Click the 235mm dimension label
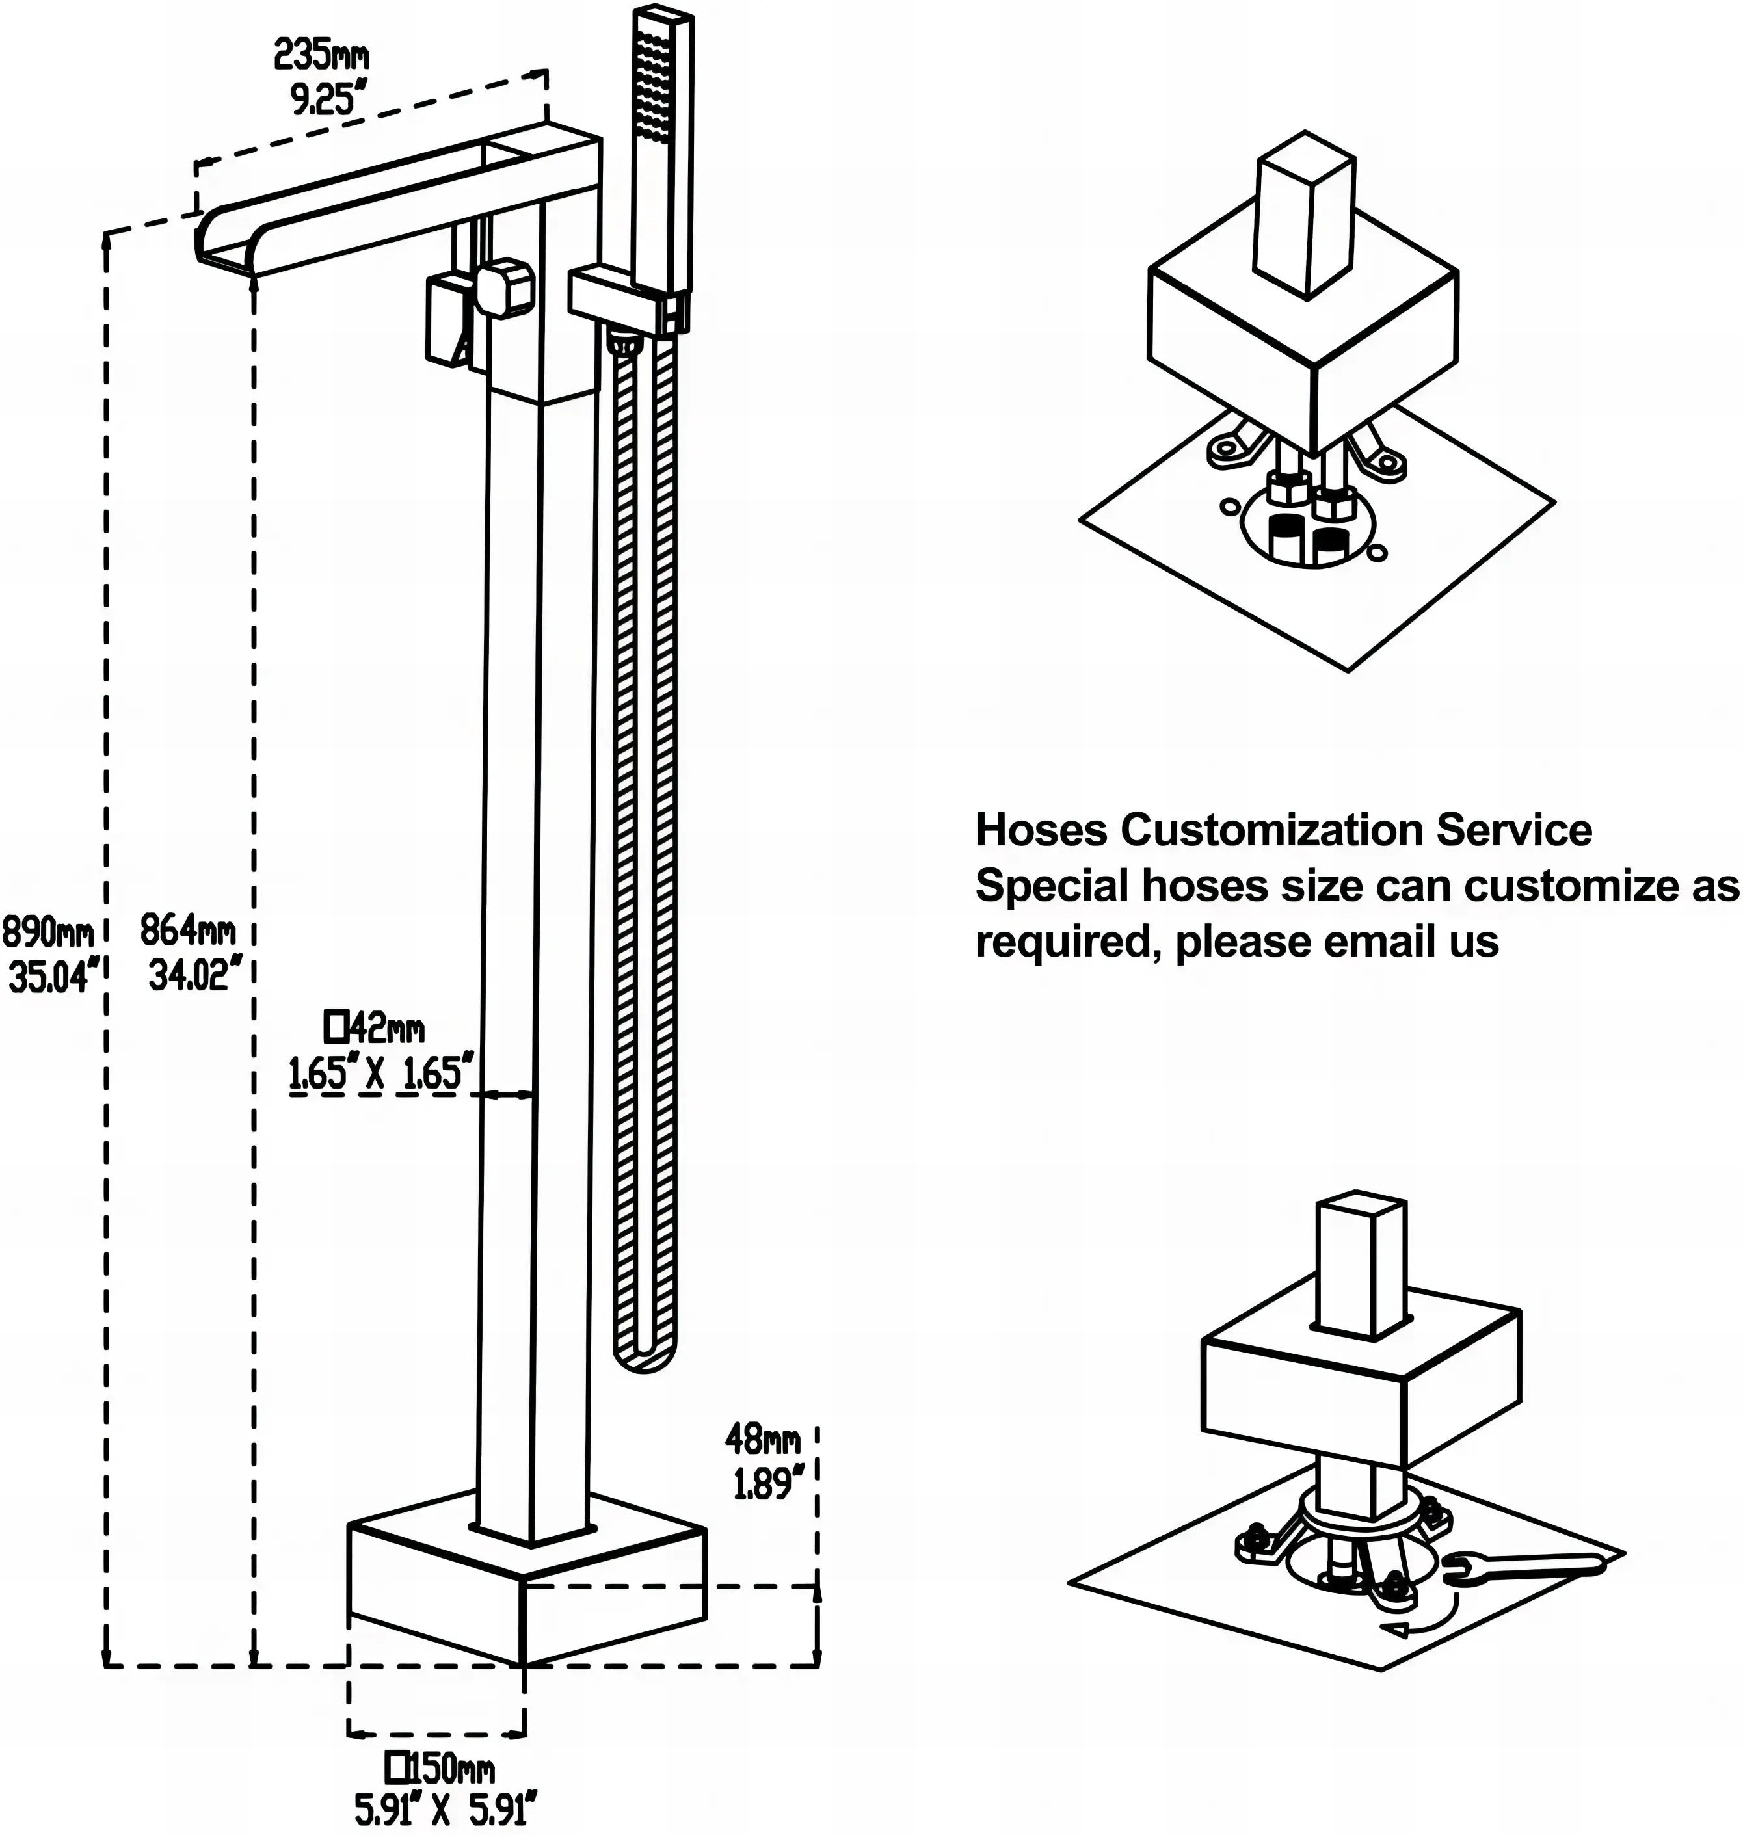321,57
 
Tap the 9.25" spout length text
323,98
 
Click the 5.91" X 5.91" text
445,1810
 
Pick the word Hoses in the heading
1041,830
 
